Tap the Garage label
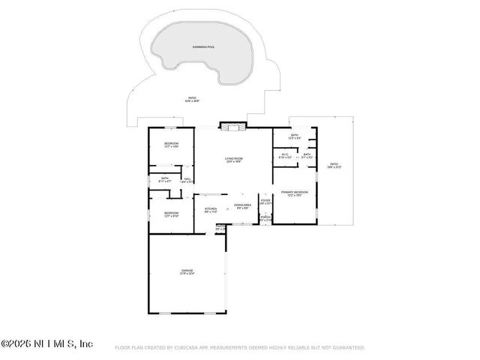187,271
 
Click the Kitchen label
210,210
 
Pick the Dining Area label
241,206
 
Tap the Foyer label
265,201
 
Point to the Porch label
265,218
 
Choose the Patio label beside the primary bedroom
334,165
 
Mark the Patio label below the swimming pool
192,98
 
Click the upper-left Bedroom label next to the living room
171,145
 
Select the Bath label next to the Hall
164,179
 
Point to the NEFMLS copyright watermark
46,343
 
